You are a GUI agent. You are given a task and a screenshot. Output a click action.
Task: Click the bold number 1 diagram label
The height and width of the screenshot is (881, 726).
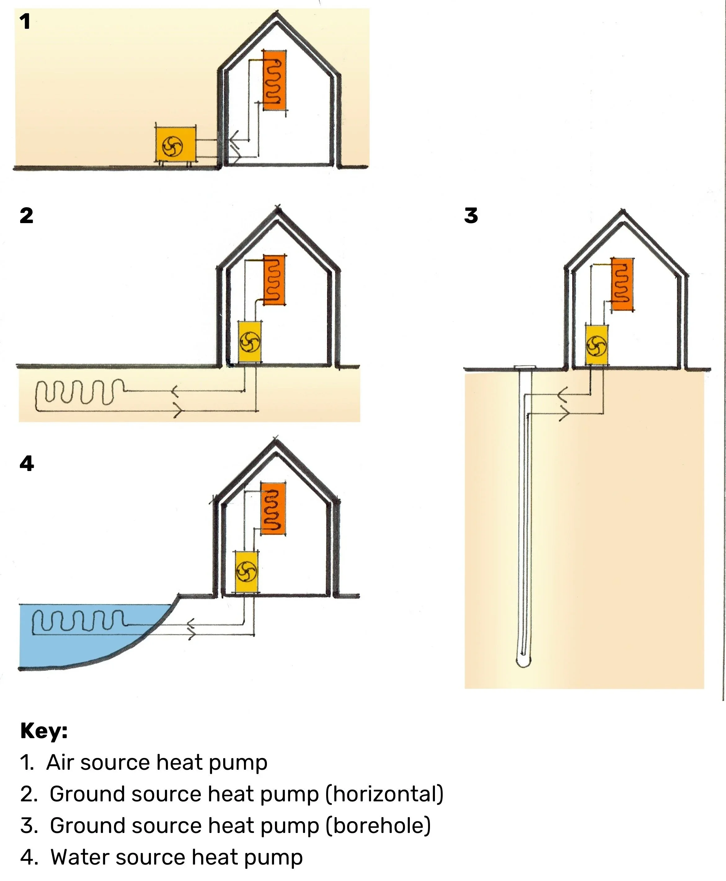point(25,22)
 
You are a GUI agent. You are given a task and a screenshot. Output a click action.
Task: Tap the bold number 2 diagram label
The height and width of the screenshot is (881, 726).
point(26,216)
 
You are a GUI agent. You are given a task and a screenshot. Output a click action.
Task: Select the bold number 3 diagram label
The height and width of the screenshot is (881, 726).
point(471,216)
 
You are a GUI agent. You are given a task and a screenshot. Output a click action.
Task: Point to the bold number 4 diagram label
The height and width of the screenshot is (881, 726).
point(27,464)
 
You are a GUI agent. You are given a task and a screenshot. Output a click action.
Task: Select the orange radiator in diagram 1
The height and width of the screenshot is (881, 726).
point(275,80)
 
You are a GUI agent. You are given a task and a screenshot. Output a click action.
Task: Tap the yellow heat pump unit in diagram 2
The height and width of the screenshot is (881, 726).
point(250,341)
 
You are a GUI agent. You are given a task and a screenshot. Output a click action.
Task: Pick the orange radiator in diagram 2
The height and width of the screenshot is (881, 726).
point(275,280)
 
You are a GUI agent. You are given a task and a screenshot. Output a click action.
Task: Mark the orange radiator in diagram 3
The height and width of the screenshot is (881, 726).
point(622,284)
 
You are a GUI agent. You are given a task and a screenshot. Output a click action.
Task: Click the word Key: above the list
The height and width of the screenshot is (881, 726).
point(44,731)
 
